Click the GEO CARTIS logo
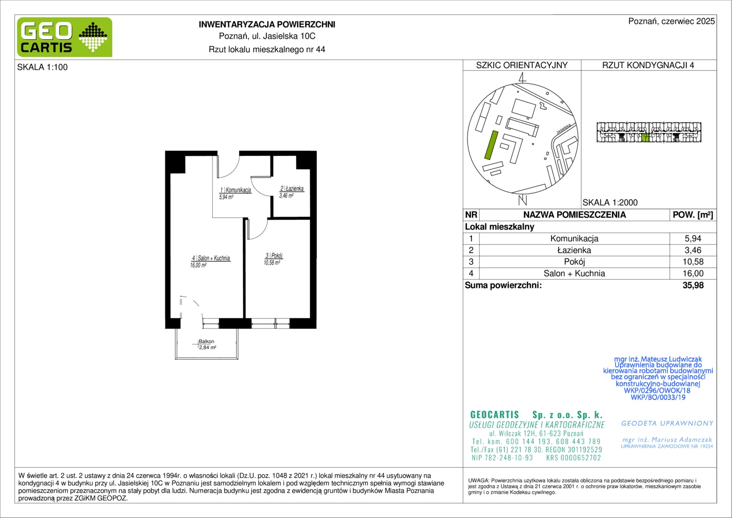[65, 37]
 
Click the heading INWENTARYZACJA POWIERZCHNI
[267, 24]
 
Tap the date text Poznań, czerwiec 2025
[672, 21]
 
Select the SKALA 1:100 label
[43, 67]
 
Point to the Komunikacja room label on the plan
[235, 193]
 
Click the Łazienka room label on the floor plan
[291, 192]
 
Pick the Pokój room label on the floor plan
[273, 259]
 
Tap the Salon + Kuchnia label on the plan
[210, 261]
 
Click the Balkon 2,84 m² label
[207, 344]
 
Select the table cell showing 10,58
[693, 262]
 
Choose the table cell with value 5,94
[693, 238]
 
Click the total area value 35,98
[693, 285]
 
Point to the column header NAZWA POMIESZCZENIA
[574, 215]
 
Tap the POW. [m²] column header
[693, 215]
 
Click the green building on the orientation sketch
[491, 145]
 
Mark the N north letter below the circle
[523, 200]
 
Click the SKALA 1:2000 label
[610, 202]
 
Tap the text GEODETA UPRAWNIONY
[667, 423]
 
